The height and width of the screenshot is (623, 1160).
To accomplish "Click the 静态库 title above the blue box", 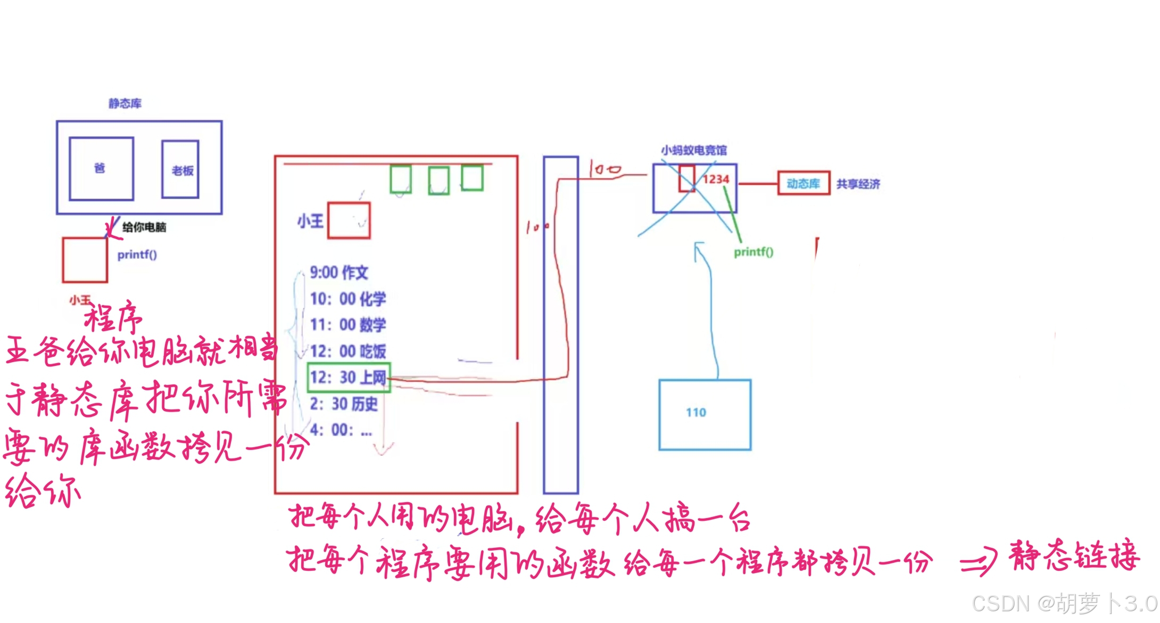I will coord(125,103).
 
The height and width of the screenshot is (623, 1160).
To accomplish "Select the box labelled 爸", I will coord(101,168).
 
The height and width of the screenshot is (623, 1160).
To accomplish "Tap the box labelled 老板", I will coord(180,169).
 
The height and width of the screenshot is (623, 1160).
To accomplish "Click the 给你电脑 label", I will coord(144,227).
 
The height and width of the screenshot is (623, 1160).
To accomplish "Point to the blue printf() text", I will coord(137,255).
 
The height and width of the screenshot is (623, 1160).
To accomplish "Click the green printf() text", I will coord(753,252).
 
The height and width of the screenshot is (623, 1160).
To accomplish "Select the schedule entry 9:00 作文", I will coord(338,273).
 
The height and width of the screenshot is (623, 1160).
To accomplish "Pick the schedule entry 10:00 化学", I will coord(347,299).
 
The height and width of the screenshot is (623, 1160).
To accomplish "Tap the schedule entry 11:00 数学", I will coord(347,325).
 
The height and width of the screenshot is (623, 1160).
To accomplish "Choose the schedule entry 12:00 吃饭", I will coord(347,351).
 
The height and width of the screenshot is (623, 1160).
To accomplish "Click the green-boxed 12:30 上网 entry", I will coord(349,378).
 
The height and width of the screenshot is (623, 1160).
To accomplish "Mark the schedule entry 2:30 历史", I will coord(343,404).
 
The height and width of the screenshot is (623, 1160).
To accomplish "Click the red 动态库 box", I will coord(803,183).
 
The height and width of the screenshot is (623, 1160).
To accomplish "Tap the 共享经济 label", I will coord(858,184).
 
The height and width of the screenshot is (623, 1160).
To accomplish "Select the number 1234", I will coord(716,179).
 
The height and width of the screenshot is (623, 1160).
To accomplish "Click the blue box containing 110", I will coord(705,414).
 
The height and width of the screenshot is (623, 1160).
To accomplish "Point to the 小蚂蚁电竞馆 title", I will coord(693,150).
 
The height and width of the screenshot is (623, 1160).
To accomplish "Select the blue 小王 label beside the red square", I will coord(310,221).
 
